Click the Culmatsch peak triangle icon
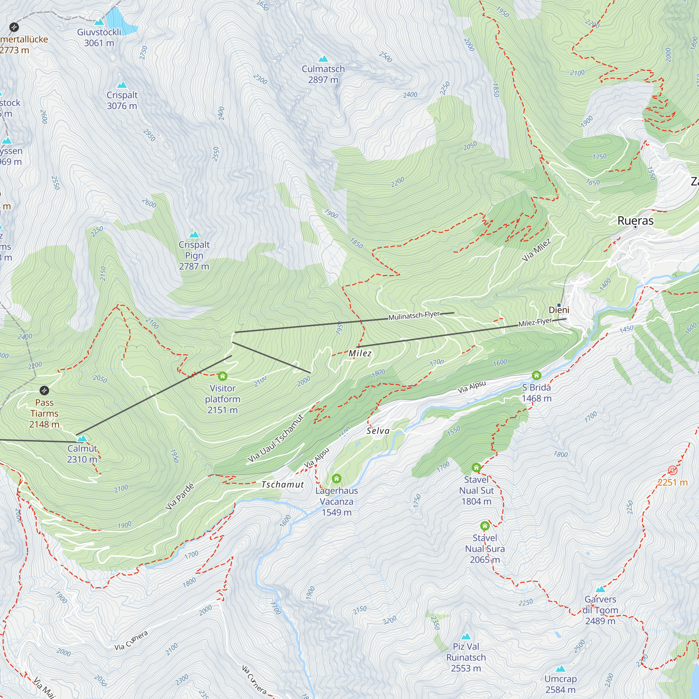coord(323,59)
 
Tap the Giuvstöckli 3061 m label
coord(99,38)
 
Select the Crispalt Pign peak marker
coord(194,235)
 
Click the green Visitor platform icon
coord(223,376)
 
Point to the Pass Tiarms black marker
coord(44,390)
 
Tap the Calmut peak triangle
coord(82,439)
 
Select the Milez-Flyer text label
coord(535,322)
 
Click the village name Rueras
coord(635,221)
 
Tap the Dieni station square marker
coord(559,305)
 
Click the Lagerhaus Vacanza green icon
coord(337,479)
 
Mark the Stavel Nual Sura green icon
coord(485,526)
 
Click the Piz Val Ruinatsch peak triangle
coord(466,636)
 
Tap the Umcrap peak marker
coord(561,669)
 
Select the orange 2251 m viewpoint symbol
coord(672,470)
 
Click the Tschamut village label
coord(282,484)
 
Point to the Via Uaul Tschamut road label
coord(275,439)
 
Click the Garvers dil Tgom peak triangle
coord(600,589)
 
